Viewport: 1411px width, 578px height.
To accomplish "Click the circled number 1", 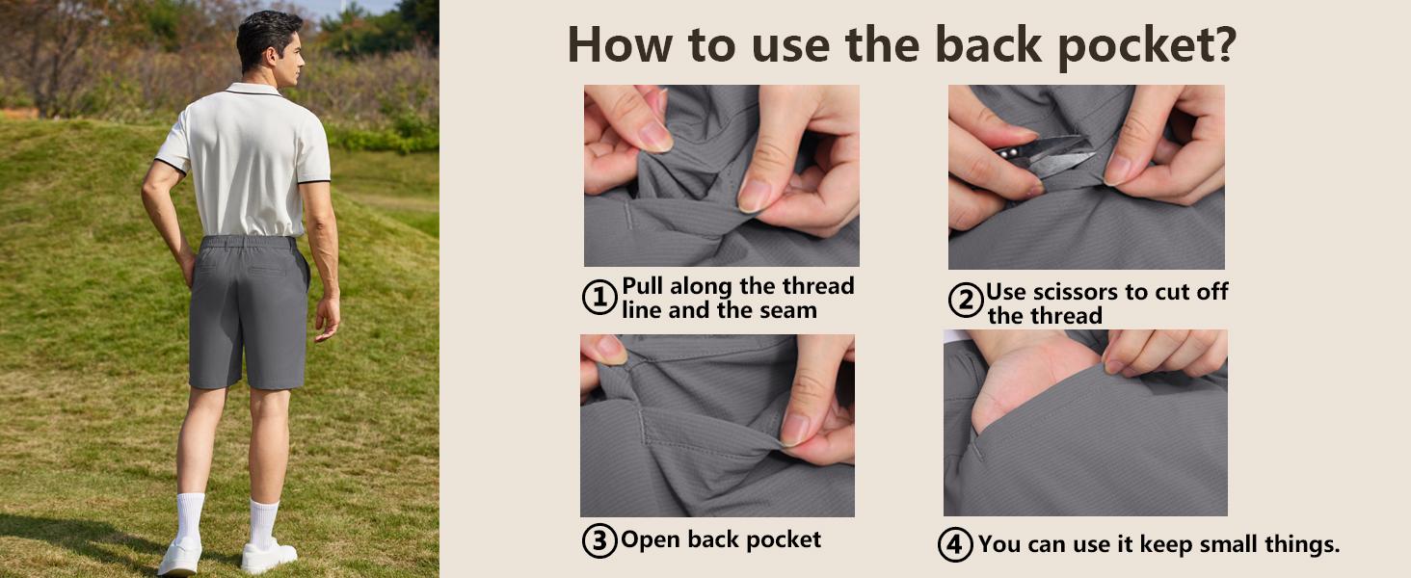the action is click(x=599, y=297).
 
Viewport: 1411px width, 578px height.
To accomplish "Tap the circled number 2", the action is click(x=966, y=300).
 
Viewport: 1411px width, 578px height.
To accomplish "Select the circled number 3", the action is click(x=599, y=540).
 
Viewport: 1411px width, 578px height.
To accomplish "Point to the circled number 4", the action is click(x=955, y=544).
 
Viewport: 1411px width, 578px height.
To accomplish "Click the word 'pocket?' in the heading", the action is click(x=1148, y=46).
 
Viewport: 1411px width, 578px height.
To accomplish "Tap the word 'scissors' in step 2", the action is click(x=1077, y=292).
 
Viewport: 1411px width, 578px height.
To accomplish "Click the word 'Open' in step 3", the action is click(x=651, y=539).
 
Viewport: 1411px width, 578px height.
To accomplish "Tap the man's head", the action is click(x=270, y=47).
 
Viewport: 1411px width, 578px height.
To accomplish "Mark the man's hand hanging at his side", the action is click(x=328, y=317).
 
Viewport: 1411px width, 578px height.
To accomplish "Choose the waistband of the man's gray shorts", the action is click(x=249, y=242).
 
